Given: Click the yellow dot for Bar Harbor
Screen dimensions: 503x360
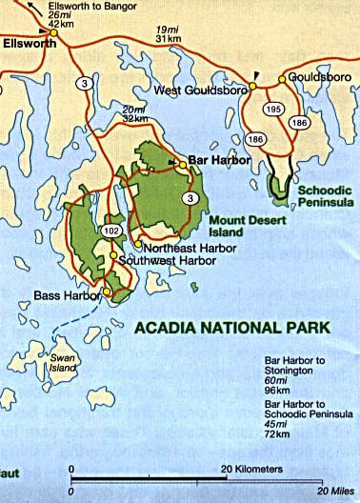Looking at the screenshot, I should pyautogui.click(x=182, y=164).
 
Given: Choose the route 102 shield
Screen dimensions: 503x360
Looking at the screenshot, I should pyautogui.click(x=109, y=230).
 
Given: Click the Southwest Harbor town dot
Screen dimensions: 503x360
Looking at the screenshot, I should pyautogui.click(x=113, y=255).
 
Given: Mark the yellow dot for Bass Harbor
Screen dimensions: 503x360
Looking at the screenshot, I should pyautogui.click(x=108, y=292).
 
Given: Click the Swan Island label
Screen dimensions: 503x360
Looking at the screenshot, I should pyautogui.click(x=62, y=363).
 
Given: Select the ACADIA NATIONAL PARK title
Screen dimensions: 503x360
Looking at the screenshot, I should pyautogui.click(x=232, y=327).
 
